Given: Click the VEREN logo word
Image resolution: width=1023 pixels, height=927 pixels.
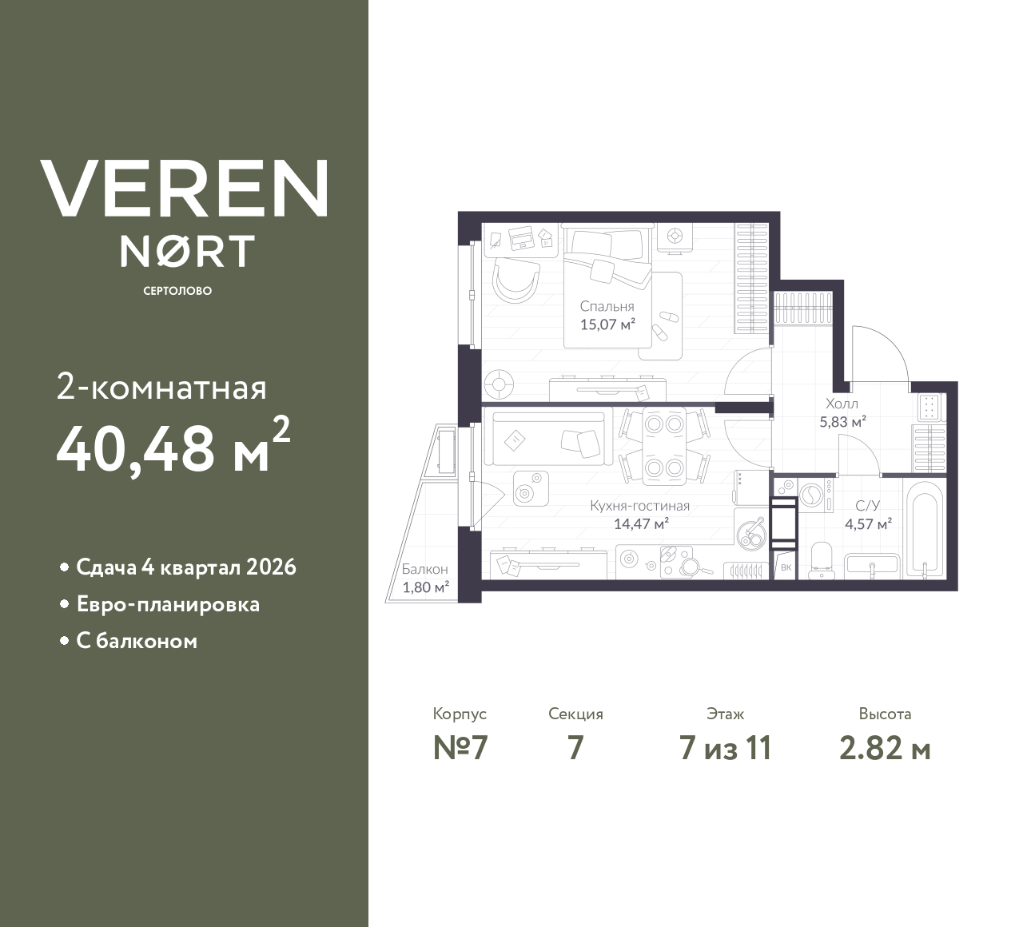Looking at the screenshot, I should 185,189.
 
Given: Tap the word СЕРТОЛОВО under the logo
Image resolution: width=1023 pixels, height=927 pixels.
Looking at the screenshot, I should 177,291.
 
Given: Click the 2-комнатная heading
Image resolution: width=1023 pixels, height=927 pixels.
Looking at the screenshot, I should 162,388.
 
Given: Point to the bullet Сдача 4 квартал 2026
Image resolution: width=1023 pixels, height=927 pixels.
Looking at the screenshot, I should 186,567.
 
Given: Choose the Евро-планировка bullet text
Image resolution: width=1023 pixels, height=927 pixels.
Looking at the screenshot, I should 168,604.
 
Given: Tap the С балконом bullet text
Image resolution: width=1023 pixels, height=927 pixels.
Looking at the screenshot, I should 137,641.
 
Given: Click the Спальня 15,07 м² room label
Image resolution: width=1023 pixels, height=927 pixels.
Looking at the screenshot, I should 607,316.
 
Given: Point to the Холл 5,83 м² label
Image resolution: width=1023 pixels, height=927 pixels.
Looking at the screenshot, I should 842,413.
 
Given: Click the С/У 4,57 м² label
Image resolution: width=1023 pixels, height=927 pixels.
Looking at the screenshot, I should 868,515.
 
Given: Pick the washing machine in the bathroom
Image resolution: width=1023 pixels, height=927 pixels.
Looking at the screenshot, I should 814,494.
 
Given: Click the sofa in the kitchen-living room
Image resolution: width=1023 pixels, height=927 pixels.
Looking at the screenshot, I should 547,438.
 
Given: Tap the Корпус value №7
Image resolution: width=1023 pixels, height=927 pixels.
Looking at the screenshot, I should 460,748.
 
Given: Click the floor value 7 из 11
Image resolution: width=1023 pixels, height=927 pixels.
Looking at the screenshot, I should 725,748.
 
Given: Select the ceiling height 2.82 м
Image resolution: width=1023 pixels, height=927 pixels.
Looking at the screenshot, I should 885,748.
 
